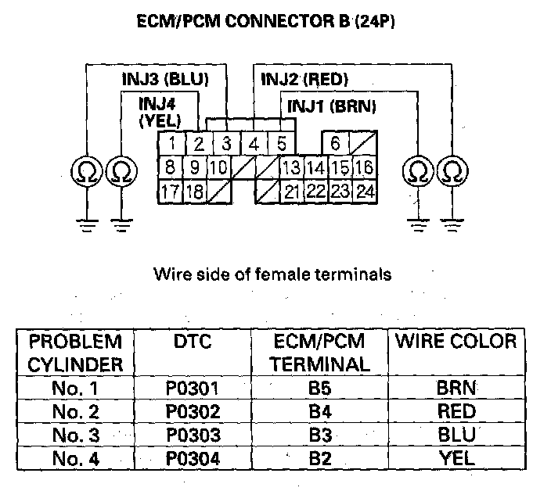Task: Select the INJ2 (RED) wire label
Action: click(304, 79)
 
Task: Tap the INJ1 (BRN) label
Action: click(332, 106)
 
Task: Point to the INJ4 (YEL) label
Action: click(160, 112)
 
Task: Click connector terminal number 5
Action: click(281, 144)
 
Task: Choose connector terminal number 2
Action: click(199, 144)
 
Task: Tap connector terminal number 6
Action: click(335, 144)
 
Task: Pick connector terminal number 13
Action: click(292, 167)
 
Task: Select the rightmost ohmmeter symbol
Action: click(451, 170)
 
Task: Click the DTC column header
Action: click(193, 342)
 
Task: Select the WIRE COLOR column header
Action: click(456, 342)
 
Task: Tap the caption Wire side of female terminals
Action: click(272, 274)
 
